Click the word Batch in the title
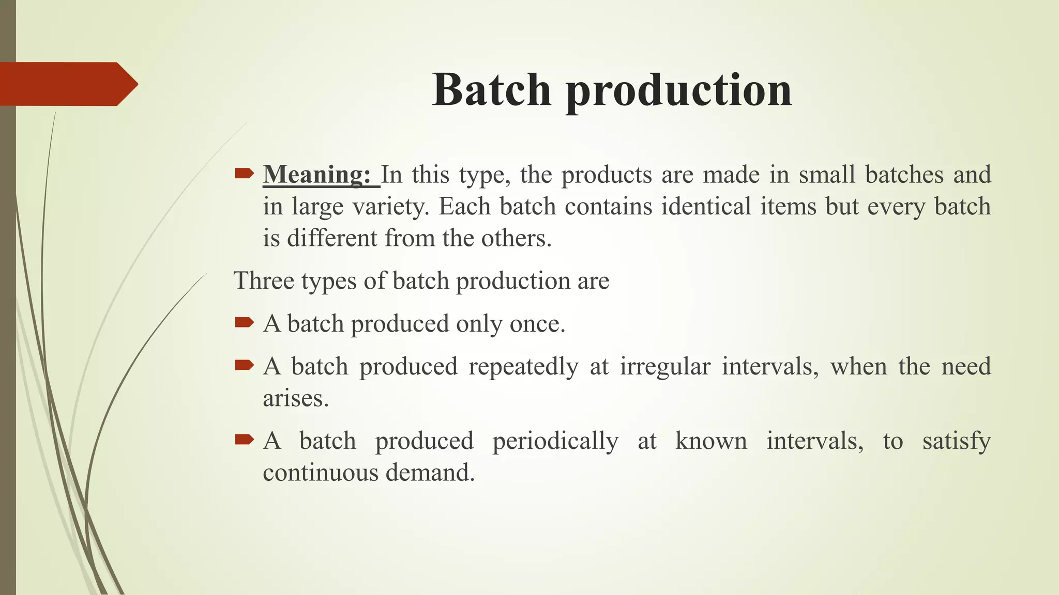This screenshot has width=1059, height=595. pyautogui.click(x=492, y=90)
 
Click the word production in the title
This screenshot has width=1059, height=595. pyautogui.click(x=678, y=91)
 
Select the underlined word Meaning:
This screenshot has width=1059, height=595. pyautogui.click(x=316, y=175)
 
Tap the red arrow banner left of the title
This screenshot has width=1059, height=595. pyautogui.click(x=67, y=84)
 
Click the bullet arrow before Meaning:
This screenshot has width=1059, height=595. pyautogui.click(x=244, y=174)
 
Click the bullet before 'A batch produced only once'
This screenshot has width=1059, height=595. pyautogui.click(x=244, y=323)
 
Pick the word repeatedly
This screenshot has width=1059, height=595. pyautogui.click(x=523, y=367)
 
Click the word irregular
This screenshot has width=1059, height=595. pyautogui.click(x=665, y=367)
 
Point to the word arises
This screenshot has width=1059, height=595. pyautogui.click(x=295, y=398)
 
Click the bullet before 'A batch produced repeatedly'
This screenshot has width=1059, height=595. pyautogui.click(x=244, y=366)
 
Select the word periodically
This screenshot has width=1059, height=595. pyautogui.click(x=555, y=441)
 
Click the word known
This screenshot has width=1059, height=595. pyautogui.click(x=711, y=441)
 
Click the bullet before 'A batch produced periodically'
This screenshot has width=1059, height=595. pyautogui.click(x=244, y=440)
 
